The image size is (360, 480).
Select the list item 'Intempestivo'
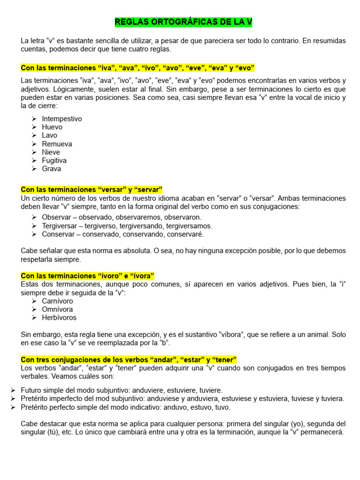[62, 119]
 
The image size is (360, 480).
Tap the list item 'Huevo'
[52, 127]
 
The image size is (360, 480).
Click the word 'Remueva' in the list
[57, 144]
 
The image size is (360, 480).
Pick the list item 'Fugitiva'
[54, 160]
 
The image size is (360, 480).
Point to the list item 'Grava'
[52, 169]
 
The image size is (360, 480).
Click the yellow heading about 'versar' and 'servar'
[91, 189]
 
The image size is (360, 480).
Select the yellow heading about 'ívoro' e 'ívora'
[88, 276]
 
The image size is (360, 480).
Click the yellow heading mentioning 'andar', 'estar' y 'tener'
[129, 360]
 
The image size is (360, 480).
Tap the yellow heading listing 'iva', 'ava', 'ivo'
[137, 68]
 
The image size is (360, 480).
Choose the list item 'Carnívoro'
[58, 301]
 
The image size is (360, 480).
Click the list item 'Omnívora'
[57, 309]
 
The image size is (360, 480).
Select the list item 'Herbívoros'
[59, 317]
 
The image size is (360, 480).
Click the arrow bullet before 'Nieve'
[35, 152]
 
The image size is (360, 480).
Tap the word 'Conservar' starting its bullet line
[59, 234]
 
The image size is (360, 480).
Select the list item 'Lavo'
[50, 135]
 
